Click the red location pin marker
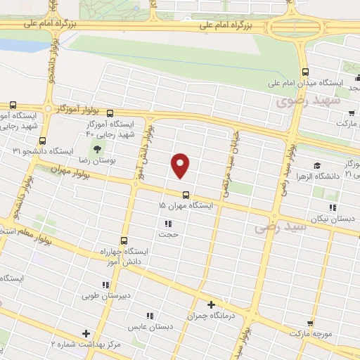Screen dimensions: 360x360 tap(181, 165)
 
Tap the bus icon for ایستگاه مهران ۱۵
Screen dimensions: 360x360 tap(186, 194)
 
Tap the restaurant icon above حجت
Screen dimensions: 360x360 tap(168, 224)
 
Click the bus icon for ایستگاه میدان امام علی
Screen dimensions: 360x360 tap(304, 72)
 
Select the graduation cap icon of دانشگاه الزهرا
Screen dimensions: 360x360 tap(317, 166)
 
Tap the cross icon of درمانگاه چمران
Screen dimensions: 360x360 tap(211, 304)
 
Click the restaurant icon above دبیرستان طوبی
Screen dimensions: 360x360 tap(105, 285)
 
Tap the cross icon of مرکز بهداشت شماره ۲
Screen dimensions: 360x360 tap(86, 333)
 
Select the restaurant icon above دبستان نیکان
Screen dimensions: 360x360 tap(333, 207)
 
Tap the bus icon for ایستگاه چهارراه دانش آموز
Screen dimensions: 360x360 tap(124, 239)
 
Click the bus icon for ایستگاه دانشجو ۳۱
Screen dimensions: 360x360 tap(44, 140)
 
